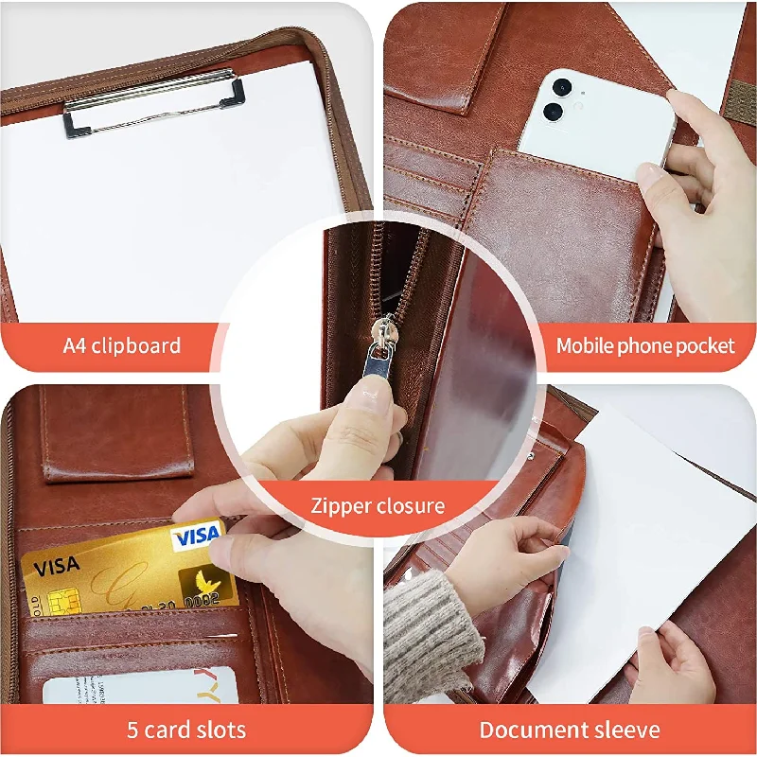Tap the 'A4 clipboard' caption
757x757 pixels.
[122, 345]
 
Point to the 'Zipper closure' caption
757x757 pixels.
[378, 505]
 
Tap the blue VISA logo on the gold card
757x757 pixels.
[196, 537]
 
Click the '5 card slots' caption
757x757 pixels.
[186, 730]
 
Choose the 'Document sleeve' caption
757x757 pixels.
[570, 730]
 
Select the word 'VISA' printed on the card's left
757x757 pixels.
[56, 568]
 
